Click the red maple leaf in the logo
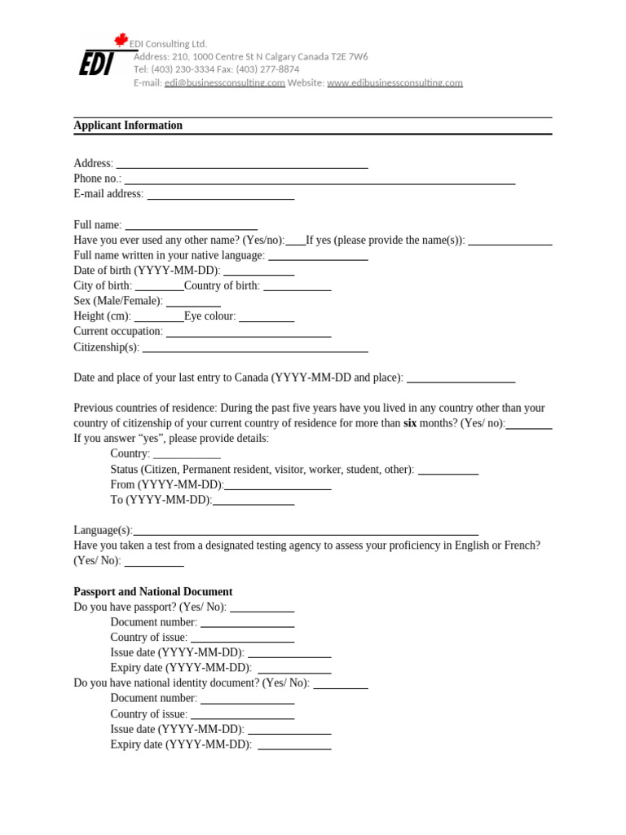(121, 40)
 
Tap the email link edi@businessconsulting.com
(225, 83)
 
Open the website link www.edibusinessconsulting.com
(395, 83)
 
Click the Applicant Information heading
(128, 126)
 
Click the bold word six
(410, 423)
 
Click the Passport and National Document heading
(153, 592)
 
